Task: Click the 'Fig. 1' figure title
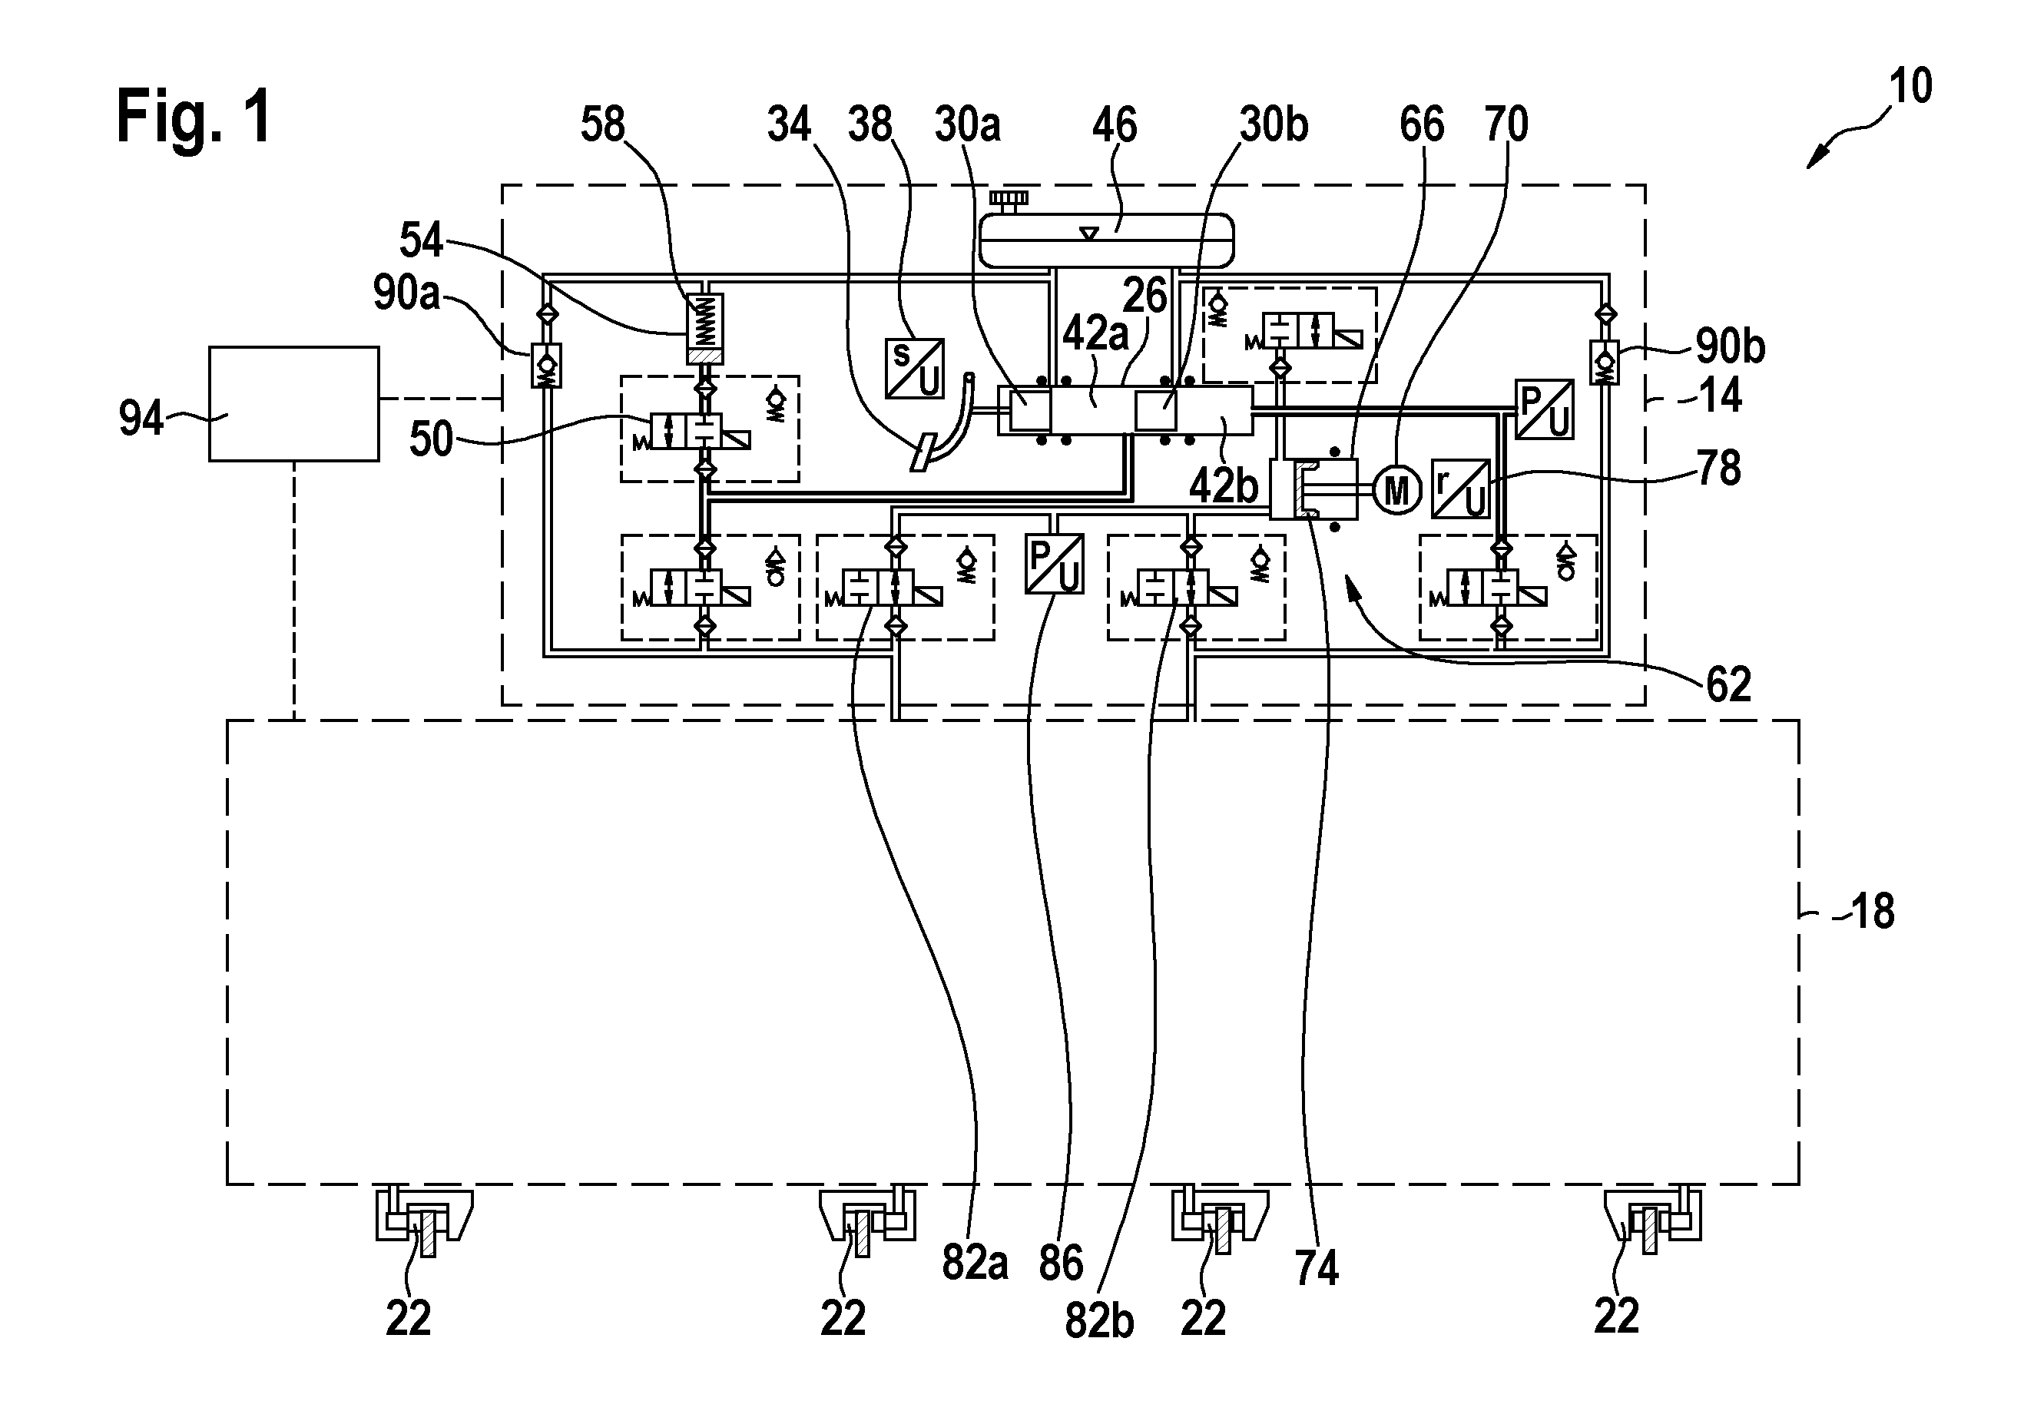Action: click(194, 116)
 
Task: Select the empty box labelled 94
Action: click(293, 404)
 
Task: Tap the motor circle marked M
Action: click(1397, 490)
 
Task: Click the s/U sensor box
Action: click(914, 369)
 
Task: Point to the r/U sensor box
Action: click(1461, 489)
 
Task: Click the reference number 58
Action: click(603, 124)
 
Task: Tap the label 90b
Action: click(1731, 347)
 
